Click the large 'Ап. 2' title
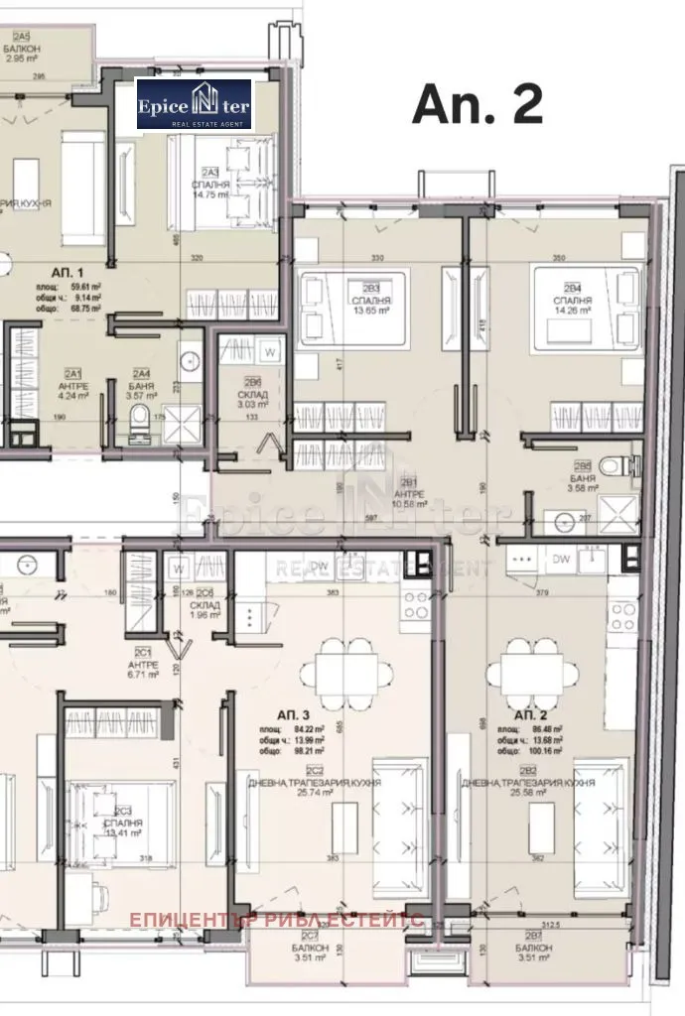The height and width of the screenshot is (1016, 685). coord(478,102)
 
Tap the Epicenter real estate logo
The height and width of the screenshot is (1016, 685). coord(195,104)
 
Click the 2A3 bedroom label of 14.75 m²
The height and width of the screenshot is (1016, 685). coord(211,188)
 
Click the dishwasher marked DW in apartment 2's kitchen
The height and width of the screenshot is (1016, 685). coord(561,559)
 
